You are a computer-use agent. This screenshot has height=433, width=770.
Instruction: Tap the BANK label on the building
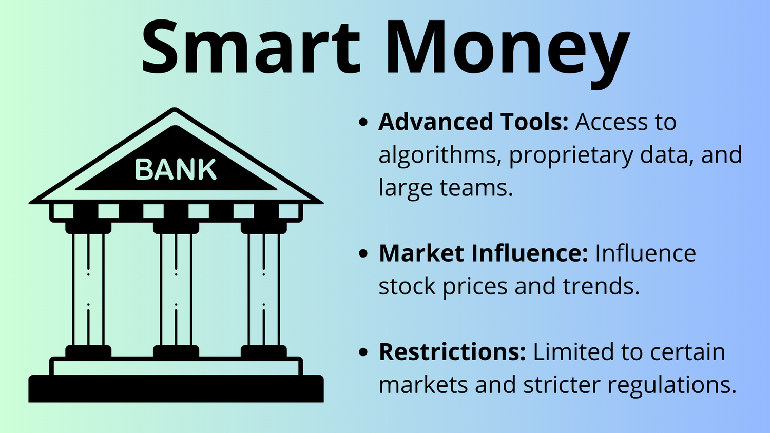tap(176, 170)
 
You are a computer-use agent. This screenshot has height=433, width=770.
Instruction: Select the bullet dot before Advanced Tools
tap(363, 123)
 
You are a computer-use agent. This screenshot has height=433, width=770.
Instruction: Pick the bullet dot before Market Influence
tap(363, 253)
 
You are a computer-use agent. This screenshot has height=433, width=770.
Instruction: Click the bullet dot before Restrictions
tap(363, 352)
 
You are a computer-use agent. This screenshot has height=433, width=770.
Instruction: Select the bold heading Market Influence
tap(483, 253)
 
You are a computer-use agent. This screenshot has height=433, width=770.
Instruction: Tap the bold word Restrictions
tap(452, 352)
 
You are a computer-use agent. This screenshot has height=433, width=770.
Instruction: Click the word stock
tap(407, 286)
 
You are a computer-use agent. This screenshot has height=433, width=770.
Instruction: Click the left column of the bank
tap(88, 289)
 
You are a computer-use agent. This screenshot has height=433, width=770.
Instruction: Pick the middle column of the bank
tap(176, 289)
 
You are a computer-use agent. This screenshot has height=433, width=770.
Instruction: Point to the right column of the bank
tap(264, 289)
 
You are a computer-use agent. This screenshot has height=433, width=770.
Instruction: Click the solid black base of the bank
tap(176, 389)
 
